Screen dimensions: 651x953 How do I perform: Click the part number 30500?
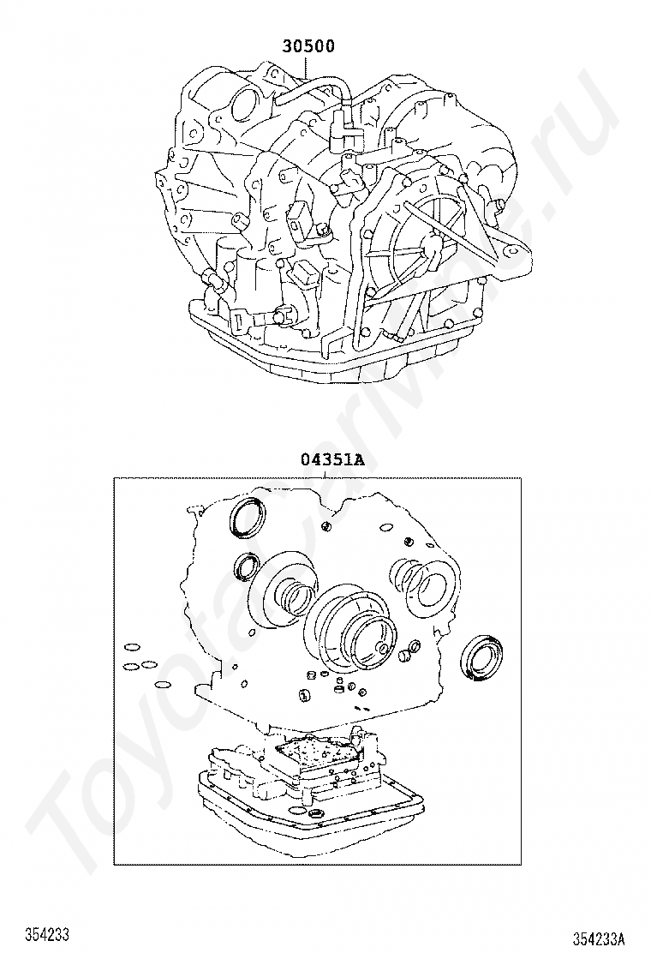click(x=308, y=46)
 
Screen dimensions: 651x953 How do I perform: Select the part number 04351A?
click(x=333, y=459)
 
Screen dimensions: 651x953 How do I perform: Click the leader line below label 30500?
click(x=308, y=67)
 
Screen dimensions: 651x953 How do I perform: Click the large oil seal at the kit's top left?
click(x=247, y=518)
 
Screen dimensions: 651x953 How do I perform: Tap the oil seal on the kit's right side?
click(x=482, y=657)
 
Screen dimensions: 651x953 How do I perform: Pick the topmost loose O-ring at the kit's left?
click(x=130, y=646)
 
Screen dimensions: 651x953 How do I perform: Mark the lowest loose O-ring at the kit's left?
click(x=162, y=686)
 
